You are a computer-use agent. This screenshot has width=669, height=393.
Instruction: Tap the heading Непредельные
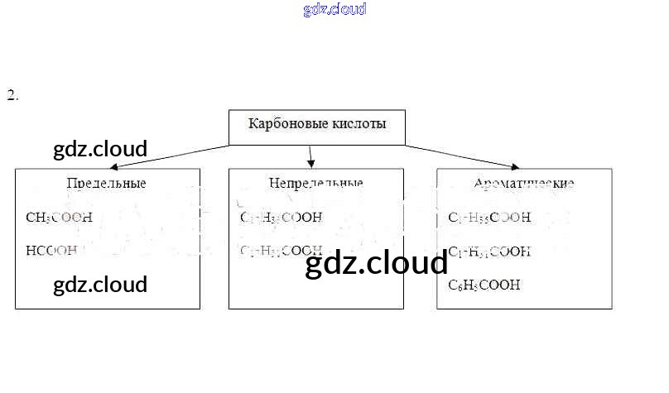coord(315,183)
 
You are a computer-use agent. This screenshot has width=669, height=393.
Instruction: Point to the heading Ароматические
coord(524,183)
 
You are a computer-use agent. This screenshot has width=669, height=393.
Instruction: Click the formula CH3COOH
coord(59,218)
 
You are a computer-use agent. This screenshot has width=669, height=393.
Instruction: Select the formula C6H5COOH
coord(484,285)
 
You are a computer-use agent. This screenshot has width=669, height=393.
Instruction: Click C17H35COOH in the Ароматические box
coord(489,218)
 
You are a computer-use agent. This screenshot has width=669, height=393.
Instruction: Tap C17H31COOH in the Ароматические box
coord(489,251)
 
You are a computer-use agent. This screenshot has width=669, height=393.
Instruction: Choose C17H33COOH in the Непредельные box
coord(281,218)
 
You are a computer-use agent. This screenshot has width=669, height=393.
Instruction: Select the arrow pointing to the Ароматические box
coord(464,156)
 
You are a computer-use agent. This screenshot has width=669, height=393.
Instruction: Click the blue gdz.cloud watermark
coord(334,10)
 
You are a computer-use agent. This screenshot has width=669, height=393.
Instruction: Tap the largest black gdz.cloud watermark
coord(377,264)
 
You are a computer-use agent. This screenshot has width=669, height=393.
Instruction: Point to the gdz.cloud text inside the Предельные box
coord(100,285)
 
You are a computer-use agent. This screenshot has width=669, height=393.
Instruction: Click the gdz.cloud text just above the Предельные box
coord(100,150)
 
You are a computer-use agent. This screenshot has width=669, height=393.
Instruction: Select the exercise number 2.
coord(12,95)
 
